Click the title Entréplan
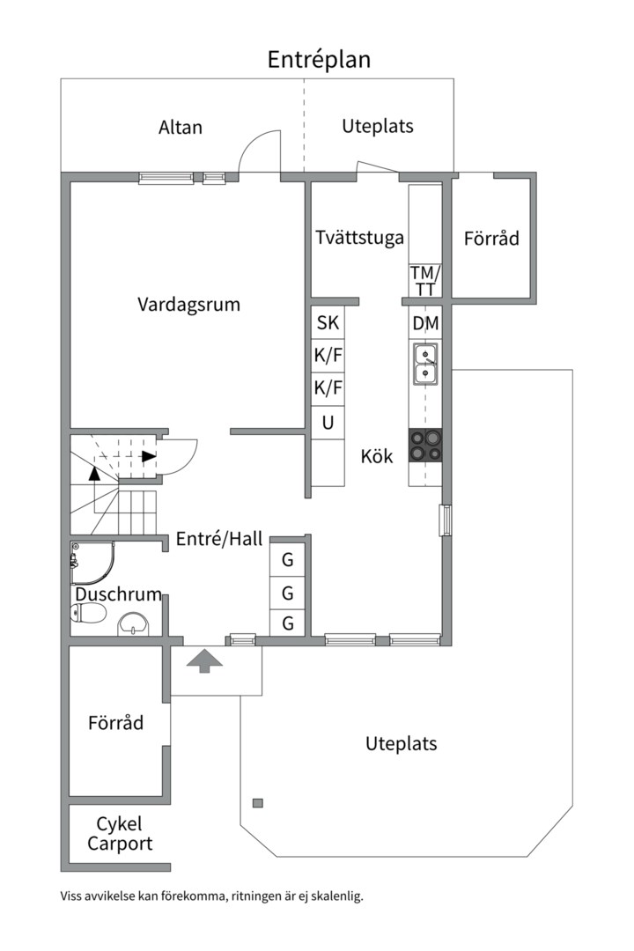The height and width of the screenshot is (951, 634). coord(319,59)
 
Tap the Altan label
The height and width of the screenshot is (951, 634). coord(181,127)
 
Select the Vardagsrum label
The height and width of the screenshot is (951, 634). coord(188,304)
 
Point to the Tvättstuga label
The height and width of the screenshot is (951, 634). coord(359,237)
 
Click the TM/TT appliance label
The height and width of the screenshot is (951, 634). coord(425,281)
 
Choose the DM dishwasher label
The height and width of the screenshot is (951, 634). coord(425,324)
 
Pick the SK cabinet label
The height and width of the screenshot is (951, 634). coord(328,323)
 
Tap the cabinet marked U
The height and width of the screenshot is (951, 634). coord(328,423)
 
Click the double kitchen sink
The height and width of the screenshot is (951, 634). coord(425,365)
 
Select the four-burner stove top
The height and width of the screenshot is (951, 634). coord(425,446)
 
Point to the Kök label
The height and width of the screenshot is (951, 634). coord(377,457)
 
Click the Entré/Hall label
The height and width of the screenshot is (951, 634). coord(219,540)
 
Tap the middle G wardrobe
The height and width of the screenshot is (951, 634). coord(287,593)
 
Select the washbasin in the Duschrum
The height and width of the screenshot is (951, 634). coord(135,623)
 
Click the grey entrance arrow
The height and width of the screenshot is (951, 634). coord(203,660)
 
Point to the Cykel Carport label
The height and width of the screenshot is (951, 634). coord(119,834)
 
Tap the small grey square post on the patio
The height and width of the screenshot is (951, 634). coord(257,802)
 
